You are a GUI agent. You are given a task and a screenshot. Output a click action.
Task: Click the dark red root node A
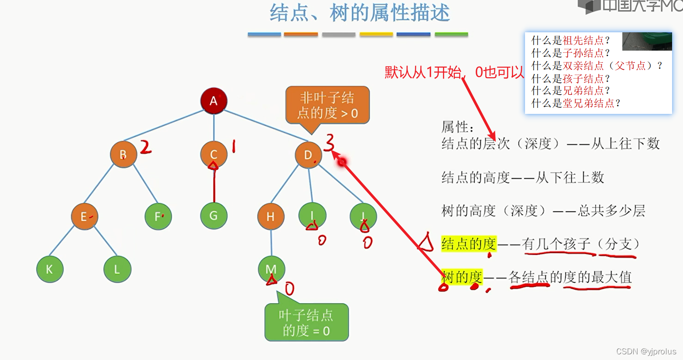tap(213, 101)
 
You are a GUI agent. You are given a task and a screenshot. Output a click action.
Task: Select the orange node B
tap(124, 154)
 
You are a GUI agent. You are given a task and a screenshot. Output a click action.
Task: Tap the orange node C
tap(213, 154)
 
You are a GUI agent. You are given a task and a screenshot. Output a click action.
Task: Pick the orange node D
tap(308, 155)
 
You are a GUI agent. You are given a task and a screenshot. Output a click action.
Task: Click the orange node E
tap(84, 216)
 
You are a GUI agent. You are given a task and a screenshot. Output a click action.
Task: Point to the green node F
tap(158, 216)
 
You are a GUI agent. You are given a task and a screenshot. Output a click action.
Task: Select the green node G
tap(213, 216)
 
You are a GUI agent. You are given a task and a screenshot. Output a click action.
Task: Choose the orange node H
tap(271, 216)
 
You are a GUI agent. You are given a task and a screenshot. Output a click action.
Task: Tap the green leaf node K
tap(50, 269)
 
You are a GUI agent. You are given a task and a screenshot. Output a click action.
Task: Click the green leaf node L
tap(117, 269)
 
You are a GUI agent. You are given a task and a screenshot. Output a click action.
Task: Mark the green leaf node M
tap(271, 269)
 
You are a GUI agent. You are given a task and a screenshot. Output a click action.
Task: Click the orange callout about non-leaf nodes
tap(327, 106)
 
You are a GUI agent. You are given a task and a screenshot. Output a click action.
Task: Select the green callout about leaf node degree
tap(306, 323)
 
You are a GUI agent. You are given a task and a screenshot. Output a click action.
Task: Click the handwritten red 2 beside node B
tap(146, 147)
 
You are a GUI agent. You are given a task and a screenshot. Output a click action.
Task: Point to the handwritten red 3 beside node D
tap(329, 142)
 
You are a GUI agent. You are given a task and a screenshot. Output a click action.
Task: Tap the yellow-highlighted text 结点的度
tap(469, 243)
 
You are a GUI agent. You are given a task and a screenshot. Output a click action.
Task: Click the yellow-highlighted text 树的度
tap(462, 277)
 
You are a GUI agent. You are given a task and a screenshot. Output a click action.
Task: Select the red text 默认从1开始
tap(422, 72)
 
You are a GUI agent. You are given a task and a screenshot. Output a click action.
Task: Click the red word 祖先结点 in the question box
tap(583, 41)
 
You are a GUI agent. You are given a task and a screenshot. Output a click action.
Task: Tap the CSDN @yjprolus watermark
tap(646, 351)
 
